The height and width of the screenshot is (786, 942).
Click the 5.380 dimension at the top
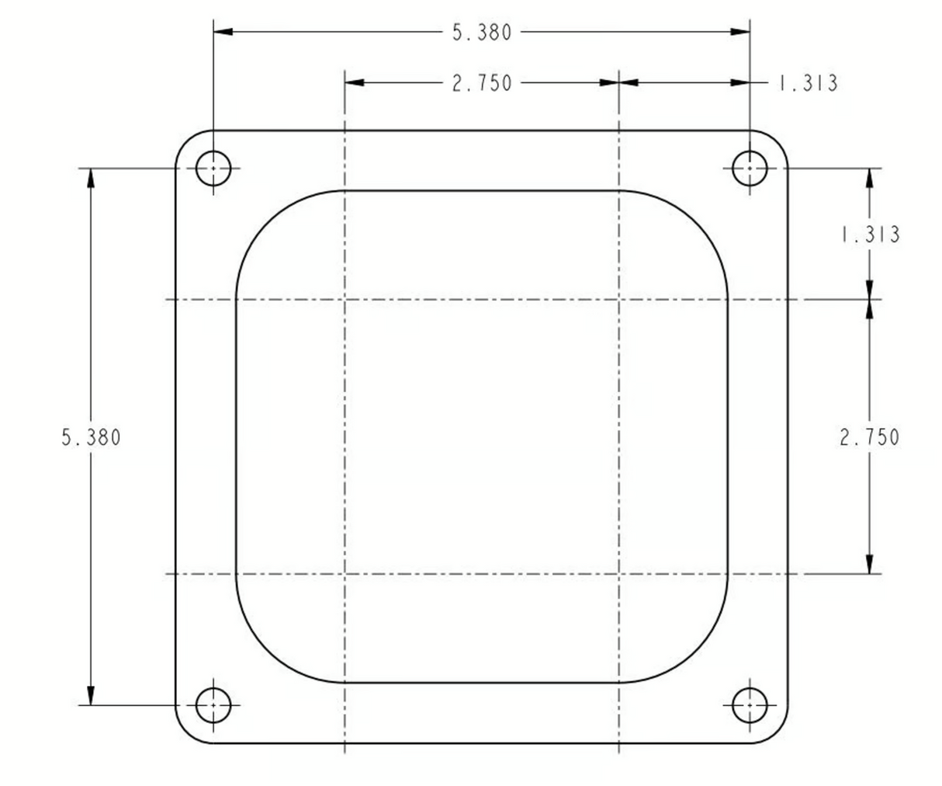pos(482,33)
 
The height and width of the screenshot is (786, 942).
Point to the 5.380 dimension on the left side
pos(91,437)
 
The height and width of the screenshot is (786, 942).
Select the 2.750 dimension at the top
pos(482,83)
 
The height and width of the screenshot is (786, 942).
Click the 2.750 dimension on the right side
pos(869,437)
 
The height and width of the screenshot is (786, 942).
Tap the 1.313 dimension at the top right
pos(809,83)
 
